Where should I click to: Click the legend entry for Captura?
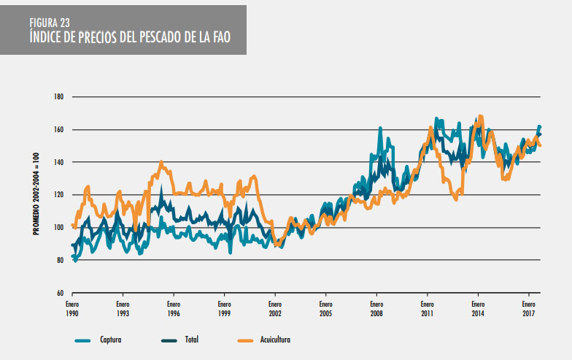(109, 340)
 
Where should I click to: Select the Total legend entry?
(191, 340)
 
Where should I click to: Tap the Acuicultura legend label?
(274, 340)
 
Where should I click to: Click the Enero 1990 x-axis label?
(71, 307)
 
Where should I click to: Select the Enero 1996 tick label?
(173, 307)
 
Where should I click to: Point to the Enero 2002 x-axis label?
(274, 307)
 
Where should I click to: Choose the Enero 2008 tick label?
(376, 307)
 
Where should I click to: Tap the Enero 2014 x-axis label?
(477, 307)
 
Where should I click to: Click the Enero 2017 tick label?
(528, 307)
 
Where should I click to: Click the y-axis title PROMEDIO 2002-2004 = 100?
(35, 195)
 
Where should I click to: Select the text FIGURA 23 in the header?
(50, 22)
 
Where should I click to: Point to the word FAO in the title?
(220, 37)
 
